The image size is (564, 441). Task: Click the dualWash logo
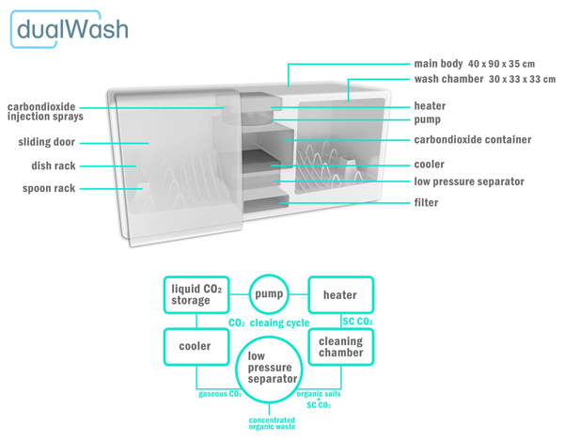point(70,28)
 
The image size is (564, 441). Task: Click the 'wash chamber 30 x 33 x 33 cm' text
point(484,80)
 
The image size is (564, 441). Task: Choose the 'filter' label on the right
point(428,202)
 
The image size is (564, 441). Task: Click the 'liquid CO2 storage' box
point(196,293)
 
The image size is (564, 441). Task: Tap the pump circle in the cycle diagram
point(268,294)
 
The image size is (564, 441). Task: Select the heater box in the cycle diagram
point(339,295)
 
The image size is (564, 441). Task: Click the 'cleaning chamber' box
point(340,348)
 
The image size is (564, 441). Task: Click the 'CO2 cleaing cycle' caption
point(269,323)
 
